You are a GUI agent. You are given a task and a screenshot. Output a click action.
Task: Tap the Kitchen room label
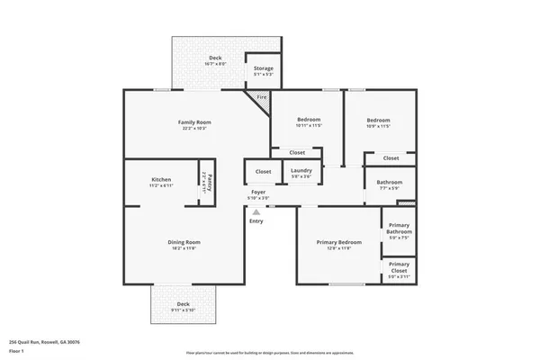point(161,180)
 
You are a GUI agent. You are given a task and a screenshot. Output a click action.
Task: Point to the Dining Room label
point(183,242)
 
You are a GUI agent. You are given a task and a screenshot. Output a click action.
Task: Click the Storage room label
point(263,68)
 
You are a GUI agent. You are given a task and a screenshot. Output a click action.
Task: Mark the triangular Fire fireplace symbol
point(262,98)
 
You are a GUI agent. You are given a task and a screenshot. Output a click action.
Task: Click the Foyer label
point(258,192)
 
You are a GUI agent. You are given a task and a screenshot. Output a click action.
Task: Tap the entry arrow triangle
point(256,211)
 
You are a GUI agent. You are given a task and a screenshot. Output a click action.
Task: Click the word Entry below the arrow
point(256,221)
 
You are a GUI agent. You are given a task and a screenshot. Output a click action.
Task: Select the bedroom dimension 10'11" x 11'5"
point(308,126)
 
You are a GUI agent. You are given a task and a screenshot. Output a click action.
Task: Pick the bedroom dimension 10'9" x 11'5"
point(378,126)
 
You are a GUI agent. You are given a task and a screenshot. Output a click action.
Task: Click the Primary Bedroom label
point(339,242)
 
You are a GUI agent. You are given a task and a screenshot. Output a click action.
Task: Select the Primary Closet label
point(399,266)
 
